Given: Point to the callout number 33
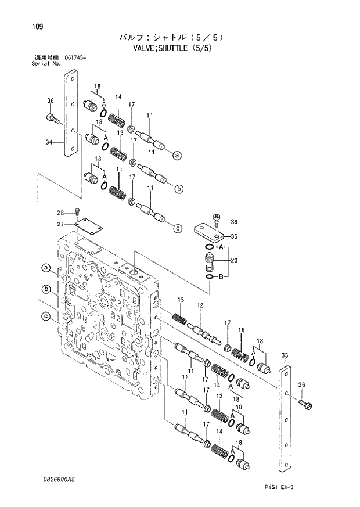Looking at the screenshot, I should point(284,355).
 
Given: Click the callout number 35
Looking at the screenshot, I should point(235,236).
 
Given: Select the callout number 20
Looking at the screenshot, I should point(234,261).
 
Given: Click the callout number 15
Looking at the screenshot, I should point(181,300).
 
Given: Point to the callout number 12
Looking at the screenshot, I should point(199,305).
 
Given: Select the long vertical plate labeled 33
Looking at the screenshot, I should point(285,418).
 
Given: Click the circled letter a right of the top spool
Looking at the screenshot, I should point(177,154).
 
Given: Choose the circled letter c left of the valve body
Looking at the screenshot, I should point(44,317).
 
